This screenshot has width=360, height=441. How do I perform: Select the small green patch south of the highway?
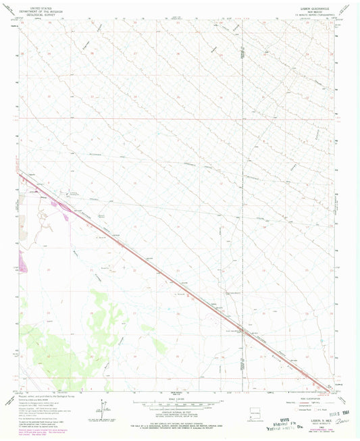(x=158, y=346)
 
